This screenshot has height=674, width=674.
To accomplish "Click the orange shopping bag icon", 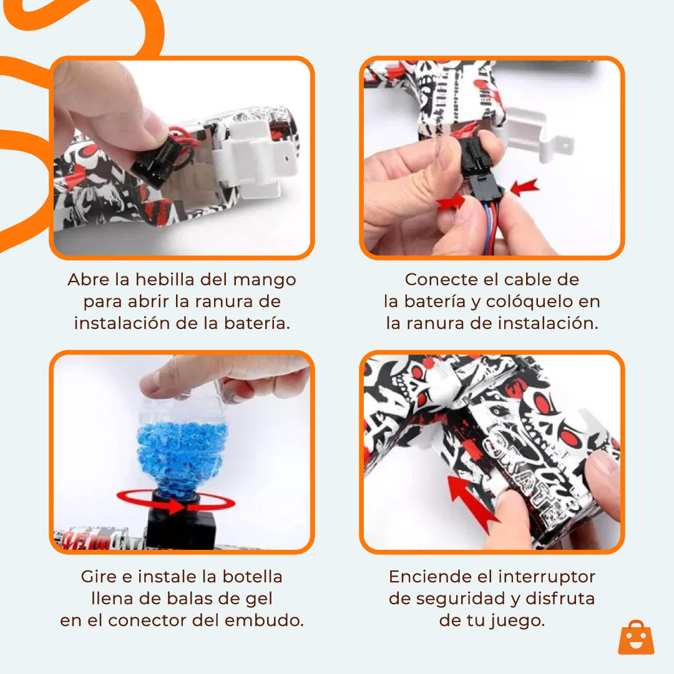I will click(x=636, y=637).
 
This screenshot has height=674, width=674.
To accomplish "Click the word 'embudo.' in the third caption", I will click(x=273, y=620).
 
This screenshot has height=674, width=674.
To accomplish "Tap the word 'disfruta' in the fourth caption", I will click(x=560, y=598).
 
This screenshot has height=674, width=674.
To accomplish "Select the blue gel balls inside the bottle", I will click(x=181, y=449).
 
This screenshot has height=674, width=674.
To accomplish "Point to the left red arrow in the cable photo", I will click(x=451, y=201).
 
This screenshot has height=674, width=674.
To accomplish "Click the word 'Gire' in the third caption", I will click(x=99, y=576).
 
